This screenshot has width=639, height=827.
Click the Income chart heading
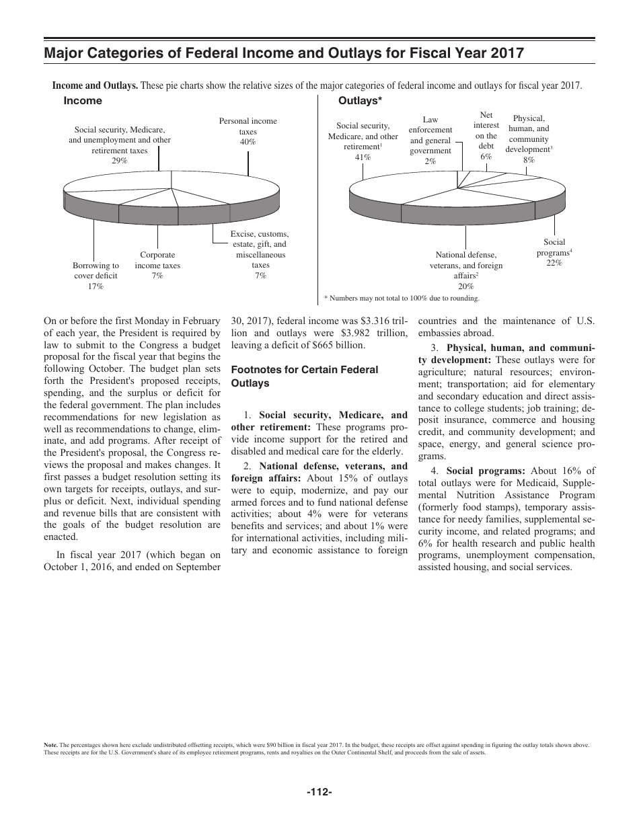pyautogui.click(x=83, y=101)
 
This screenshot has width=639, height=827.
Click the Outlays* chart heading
pyautogui.click(x=360, y=101)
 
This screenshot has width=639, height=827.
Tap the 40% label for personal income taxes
pyautogui.click(x=248, y=143)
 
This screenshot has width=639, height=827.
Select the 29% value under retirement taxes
pyautogui.click(x=120, y=161)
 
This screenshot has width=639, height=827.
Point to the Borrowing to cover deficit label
pyautogui.click(x=96, y=270)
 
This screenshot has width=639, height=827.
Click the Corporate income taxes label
pyautogui.click(x=157, y=260)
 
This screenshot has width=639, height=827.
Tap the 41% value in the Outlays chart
pyautogui.click(x=363, y=157)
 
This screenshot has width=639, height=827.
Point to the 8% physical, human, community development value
pyautogui.click(x=529, y=160)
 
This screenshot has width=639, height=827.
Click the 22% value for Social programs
pyautogui.click(x=554, y=264)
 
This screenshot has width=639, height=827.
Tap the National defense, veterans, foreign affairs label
pyautogui.click(x=466, y=265)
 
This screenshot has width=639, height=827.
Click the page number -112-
pyautogui.click(x=319, y=793)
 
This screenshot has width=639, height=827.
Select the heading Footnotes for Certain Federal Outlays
pyautogui.click(x=305, y=377)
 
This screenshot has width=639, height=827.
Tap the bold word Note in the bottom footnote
pyautogui.click(x=50, y=745)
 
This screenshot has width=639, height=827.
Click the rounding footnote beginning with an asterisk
pyautogui.click(x=402, y=297)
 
